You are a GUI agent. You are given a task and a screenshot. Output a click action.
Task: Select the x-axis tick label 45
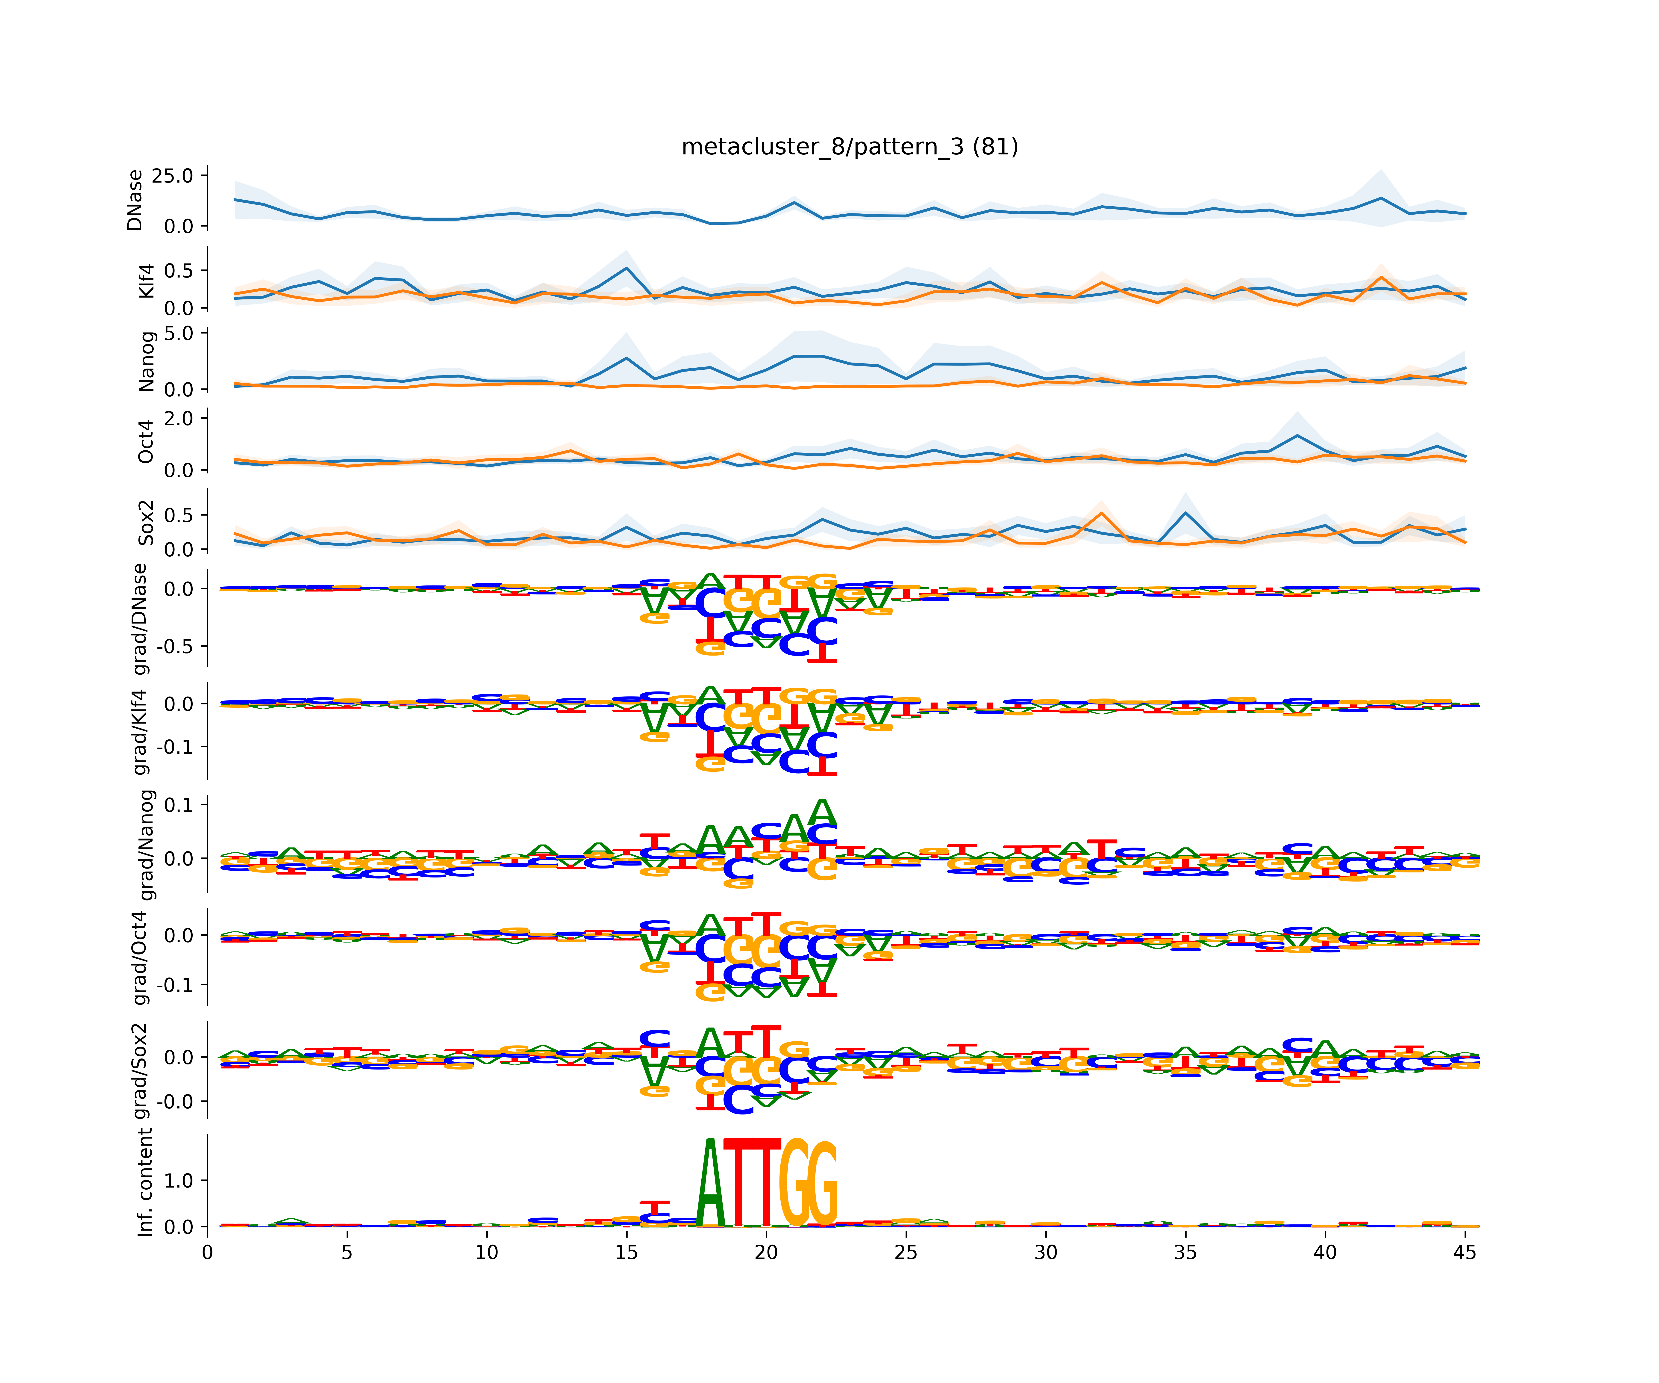click(x=1465, y=1253)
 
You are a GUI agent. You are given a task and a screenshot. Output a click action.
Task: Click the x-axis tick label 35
click(x=1185, y=1253)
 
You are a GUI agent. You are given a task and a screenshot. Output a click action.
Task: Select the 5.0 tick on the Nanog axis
click(x=179, y=334)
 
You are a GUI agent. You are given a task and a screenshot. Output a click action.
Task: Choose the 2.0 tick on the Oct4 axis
click(x=179, y=418)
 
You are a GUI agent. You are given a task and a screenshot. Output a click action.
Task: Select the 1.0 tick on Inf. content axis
click(x=179, y=1181)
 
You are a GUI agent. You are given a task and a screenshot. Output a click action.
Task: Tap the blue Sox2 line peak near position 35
click(x=1185, y=513)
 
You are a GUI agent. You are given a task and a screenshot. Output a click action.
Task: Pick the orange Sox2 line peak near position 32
click(x=1101, y=514)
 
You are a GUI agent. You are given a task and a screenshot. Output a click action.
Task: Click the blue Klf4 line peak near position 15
click(x=627, y=268)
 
